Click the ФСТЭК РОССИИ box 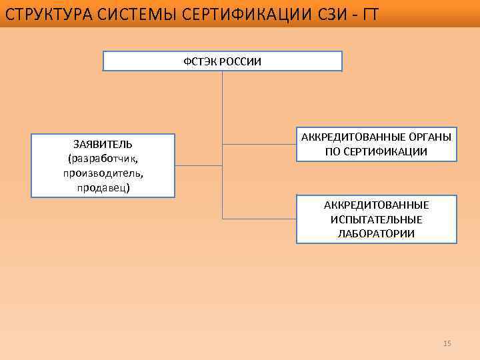[223, 61]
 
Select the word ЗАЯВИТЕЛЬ [103, 144]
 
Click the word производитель [103, 173]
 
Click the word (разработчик [103, 159]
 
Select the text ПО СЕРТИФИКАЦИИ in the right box [377, 152]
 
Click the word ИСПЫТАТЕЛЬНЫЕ [377, 219]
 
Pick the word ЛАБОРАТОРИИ [377, 234]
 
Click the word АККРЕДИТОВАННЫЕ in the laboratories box [377, 205]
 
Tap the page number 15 [447, 343]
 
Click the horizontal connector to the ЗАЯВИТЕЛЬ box [199, 165]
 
